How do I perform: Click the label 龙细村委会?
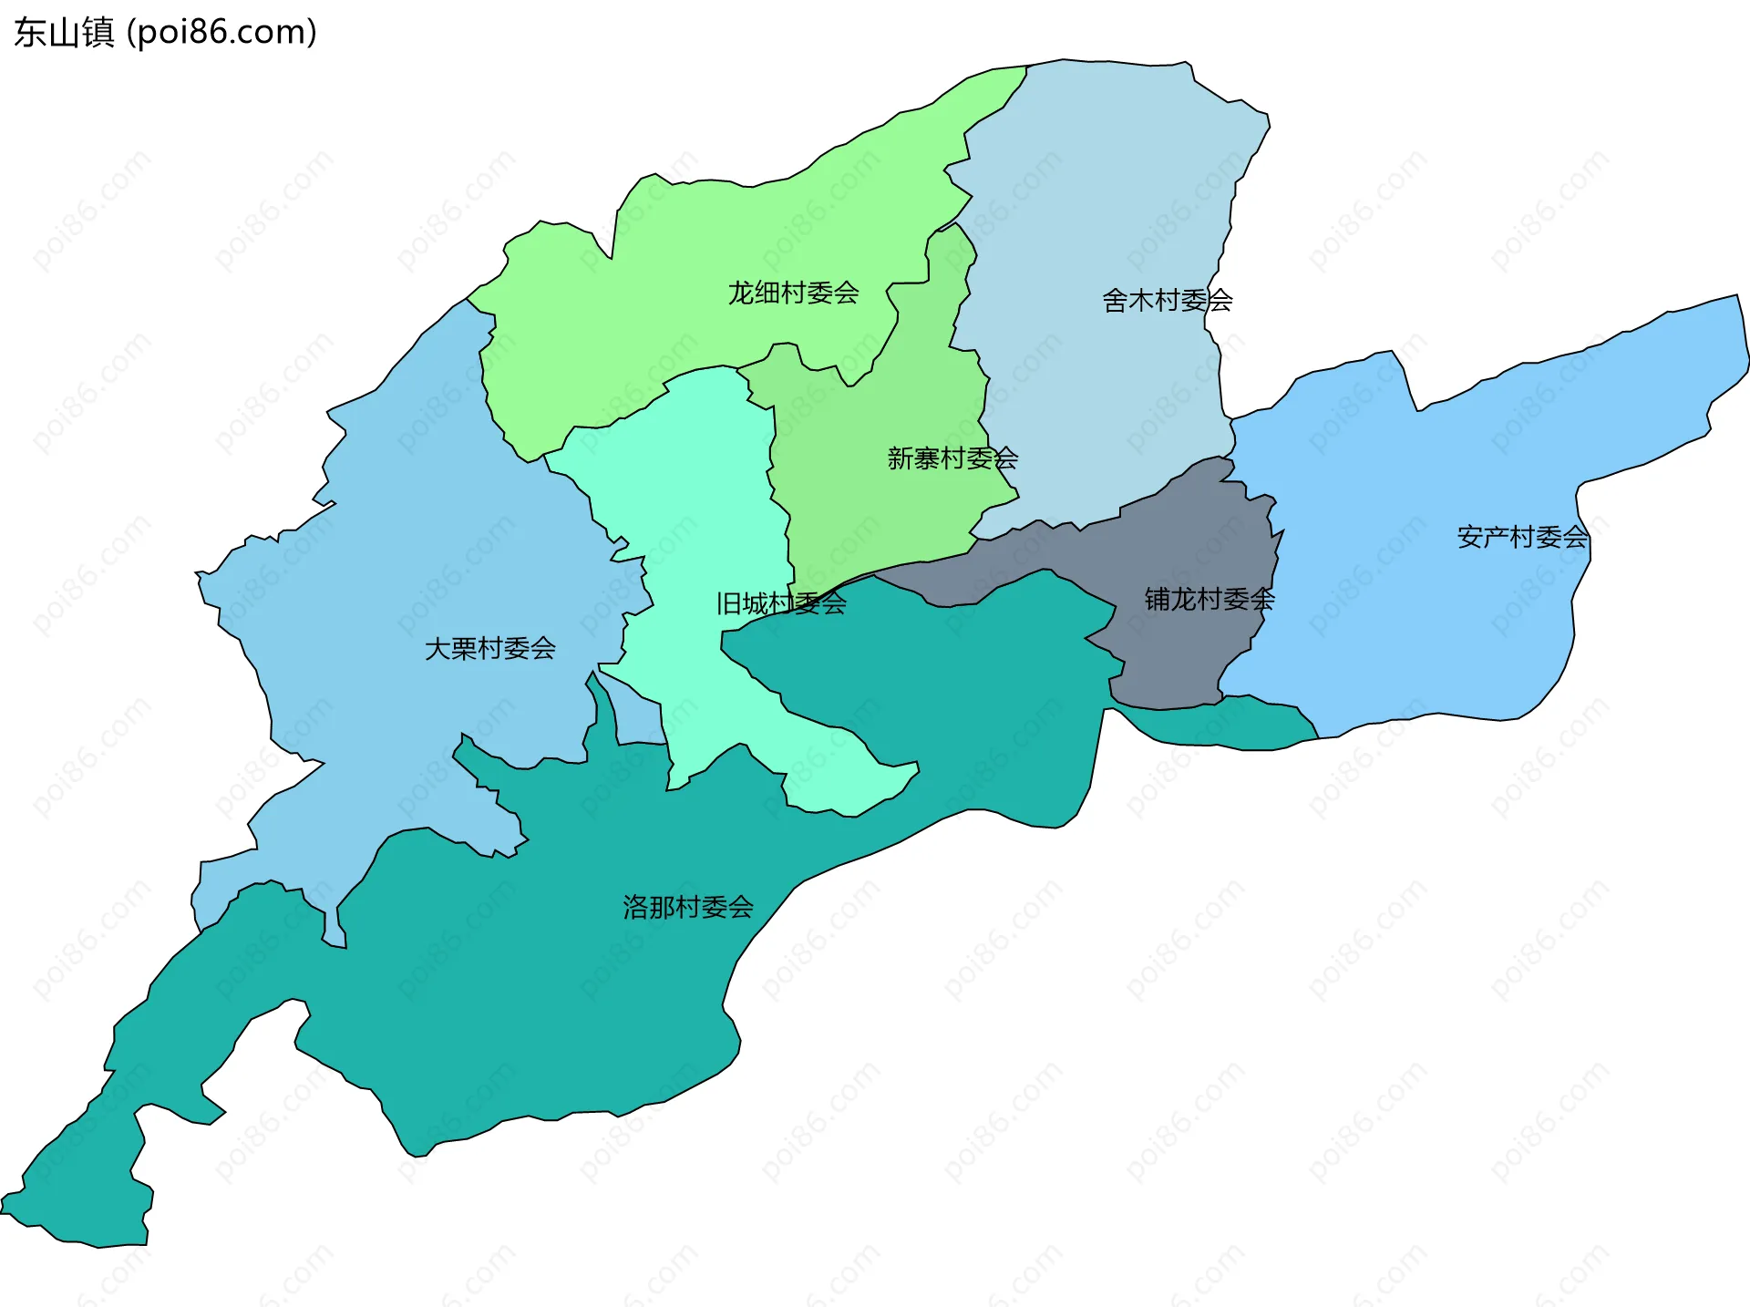click(x=793, y=293)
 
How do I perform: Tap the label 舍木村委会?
click(x=1167, y=300)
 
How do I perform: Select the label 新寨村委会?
click(x=952, y=458)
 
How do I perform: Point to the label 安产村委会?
click(x=1522, y=537)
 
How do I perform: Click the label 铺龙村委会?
click(x=1210, y=599)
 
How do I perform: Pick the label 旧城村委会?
click(x=781, y=603)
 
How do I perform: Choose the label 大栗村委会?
click(x=490, y=648)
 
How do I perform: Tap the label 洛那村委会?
click(x=688, y=907)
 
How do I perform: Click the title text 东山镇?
click(x=64, y=33)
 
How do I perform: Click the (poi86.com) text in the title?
click(x=221, y=33)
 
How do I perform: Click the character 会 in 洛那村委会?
click(x=741, y=907)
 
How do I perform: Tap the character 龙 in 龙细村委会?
click(x=741, y=293)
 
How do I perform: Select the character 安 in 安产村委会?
click(x=1470, y=537)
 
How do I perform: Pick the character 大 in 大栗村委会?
click(x=438, y=648)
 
